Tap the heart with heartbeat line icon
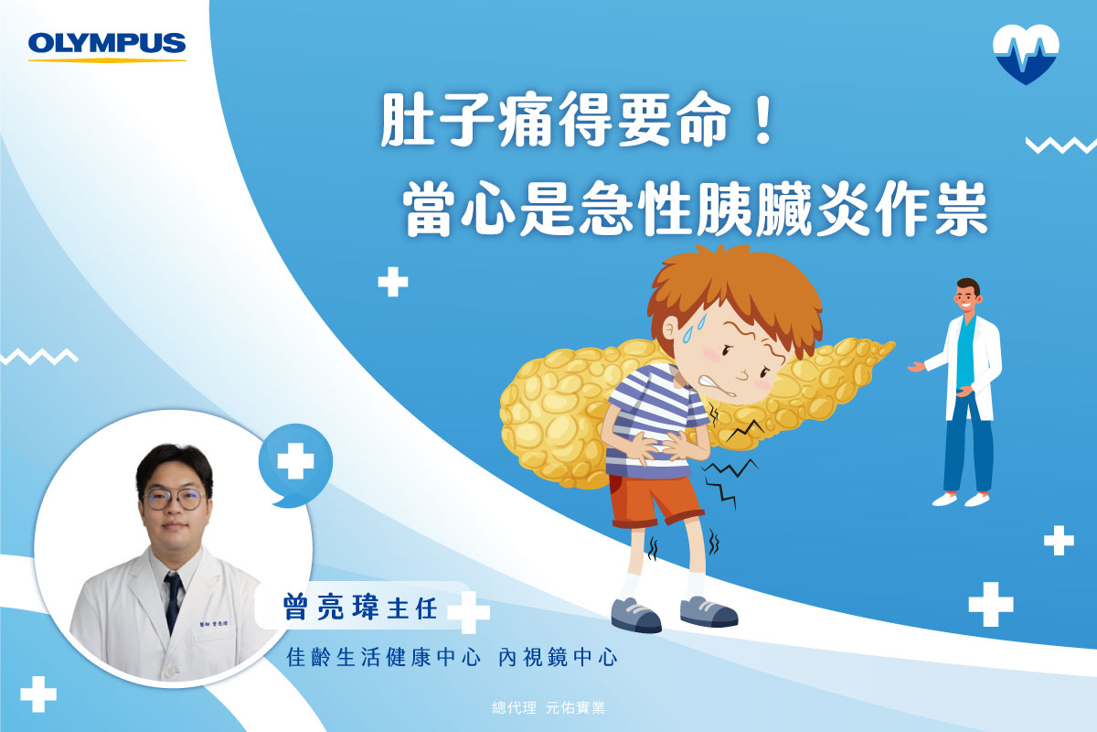(x=1026, y=53)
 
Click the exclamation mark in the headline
(x=762, y=120)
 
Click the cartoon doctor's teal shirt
(x=964, y=351)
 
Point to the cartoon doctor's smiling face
(x=966, y=297)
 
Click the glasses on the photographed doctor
(x=174, y=500)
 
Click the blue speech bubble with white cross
(x=295, y=464)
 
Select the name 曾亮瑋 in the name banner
(x=332, y=608)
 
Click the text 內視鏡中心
(x=558, y=658)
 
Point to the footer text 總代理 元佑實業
(x=548, y=707)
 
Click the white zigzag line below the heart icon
(x=1060, y=145)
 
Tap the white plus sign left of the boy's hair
(x=393, y=282)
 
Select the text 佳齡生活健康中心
(x=383, y=658)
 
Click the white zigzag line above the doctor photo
(x=39, y=357)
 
